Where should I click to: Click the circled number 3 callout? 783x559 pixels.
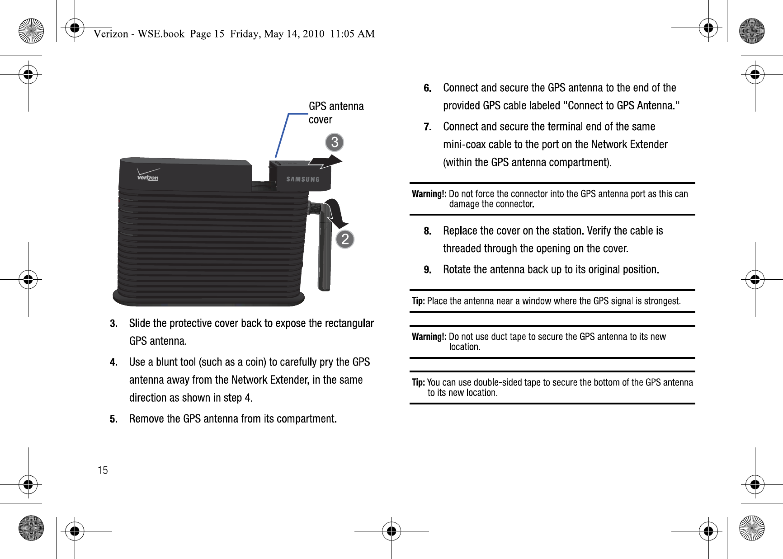(x=335, y=142)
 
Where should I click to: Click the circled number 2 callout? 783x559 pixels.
(x=345, y=239)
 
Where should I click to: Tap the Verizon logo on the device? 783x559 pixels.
(x=148, y=175)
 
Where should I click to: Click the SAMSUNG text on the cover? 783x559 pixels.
(x=303, y=179)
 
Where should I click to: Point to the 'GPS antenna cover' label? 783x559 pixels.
(x=336, y=113)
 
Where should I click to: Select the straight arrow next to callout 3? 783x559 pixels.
(x=325, y=161)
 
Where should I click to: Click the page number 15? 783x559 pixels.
(x=103, y=470)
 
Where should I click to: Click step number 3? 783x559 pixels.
(x=113, y=324)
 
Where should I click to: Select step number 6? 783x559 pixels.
(x=428, y=88)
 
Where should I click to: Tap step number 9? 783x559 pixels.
(x=428, y=270)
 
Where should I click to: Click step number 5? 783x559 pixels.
(x=113, y=419)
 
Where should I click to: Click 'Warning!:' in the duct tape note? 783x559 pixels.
(x=429, y=337)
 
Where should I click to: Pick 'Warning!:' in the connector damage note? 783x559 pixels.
(x=429, y=194)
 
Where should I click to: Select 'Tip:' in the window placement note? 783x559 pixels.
(x=418, y=301)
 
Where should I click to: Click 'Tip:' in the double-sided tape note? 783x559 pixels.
(x=418, y=382)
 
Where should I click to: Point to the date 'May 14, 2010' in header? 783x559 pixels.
(x=294, y=34)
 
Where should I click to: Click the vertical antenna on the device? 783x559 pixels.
(x=325, y=249)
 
